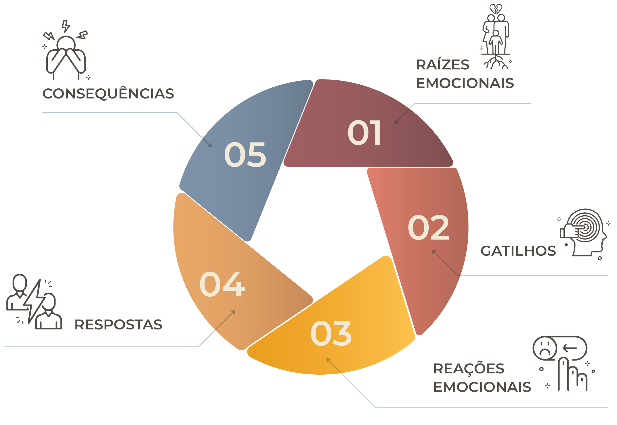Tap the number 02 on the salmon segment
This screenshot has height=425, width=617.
429,227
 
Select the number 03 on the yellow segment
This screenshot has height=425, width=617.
331,334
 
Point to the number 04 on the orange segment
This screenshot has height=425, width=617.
222,284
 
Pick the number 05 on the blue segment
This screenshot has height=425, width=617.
245,155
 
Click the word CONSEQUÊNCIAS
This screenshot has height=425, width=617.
108,94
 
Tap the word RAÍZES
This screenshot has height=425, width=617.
443,65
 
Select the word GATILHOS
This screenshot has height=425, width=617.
518,251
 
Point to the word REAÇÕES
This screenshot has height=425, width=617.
469,369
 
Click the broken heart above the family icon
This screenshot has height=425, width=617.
496,9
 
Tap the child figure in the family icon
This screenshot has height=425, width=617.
495,41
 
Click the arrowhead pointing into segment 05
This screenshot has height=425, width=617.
210,145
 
